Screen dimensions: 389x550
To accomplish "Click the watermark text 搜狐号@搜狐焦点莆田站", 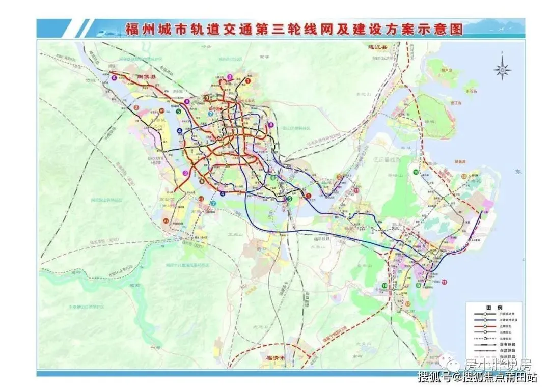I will pos(476,377).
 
